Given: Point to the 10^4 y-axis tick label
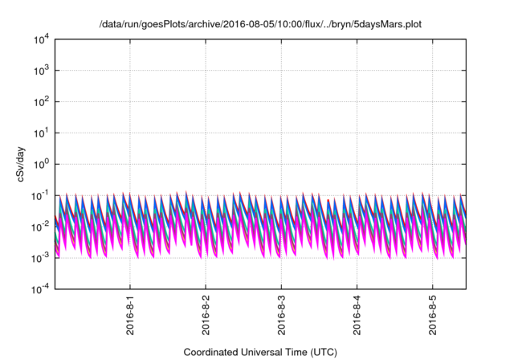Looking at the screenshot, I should tap(41, 39).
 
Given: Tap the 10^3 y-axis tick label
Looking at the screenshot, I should tap(41, 71).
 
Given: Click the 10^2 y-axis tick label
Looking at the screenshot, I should tap(41, 102).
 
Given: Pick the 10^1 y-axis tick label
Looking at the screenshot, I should tap(41, 133).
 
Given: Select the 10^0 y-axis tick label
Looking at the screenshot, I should tap(41, 164).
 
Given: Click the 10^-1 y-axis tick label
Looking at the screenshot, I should tap(40, 195).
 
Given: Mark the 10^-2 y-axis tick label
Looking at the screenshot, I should tap(40, 227).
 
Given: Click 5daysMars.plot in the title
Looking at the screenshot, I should tap(388, 25).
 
